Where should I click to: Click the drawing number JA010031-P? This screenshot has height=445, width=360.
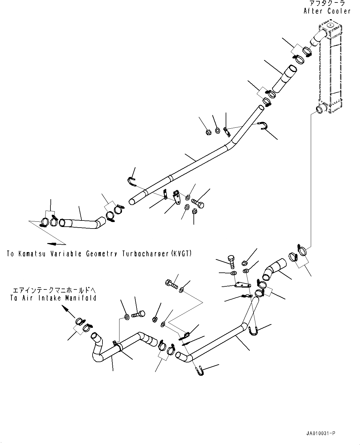[320, 434]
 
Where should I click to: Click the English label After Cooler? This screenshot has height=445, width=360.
[327, 11]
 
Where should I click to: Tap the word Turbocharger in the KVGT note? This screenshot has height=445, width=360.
[145, 254]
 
